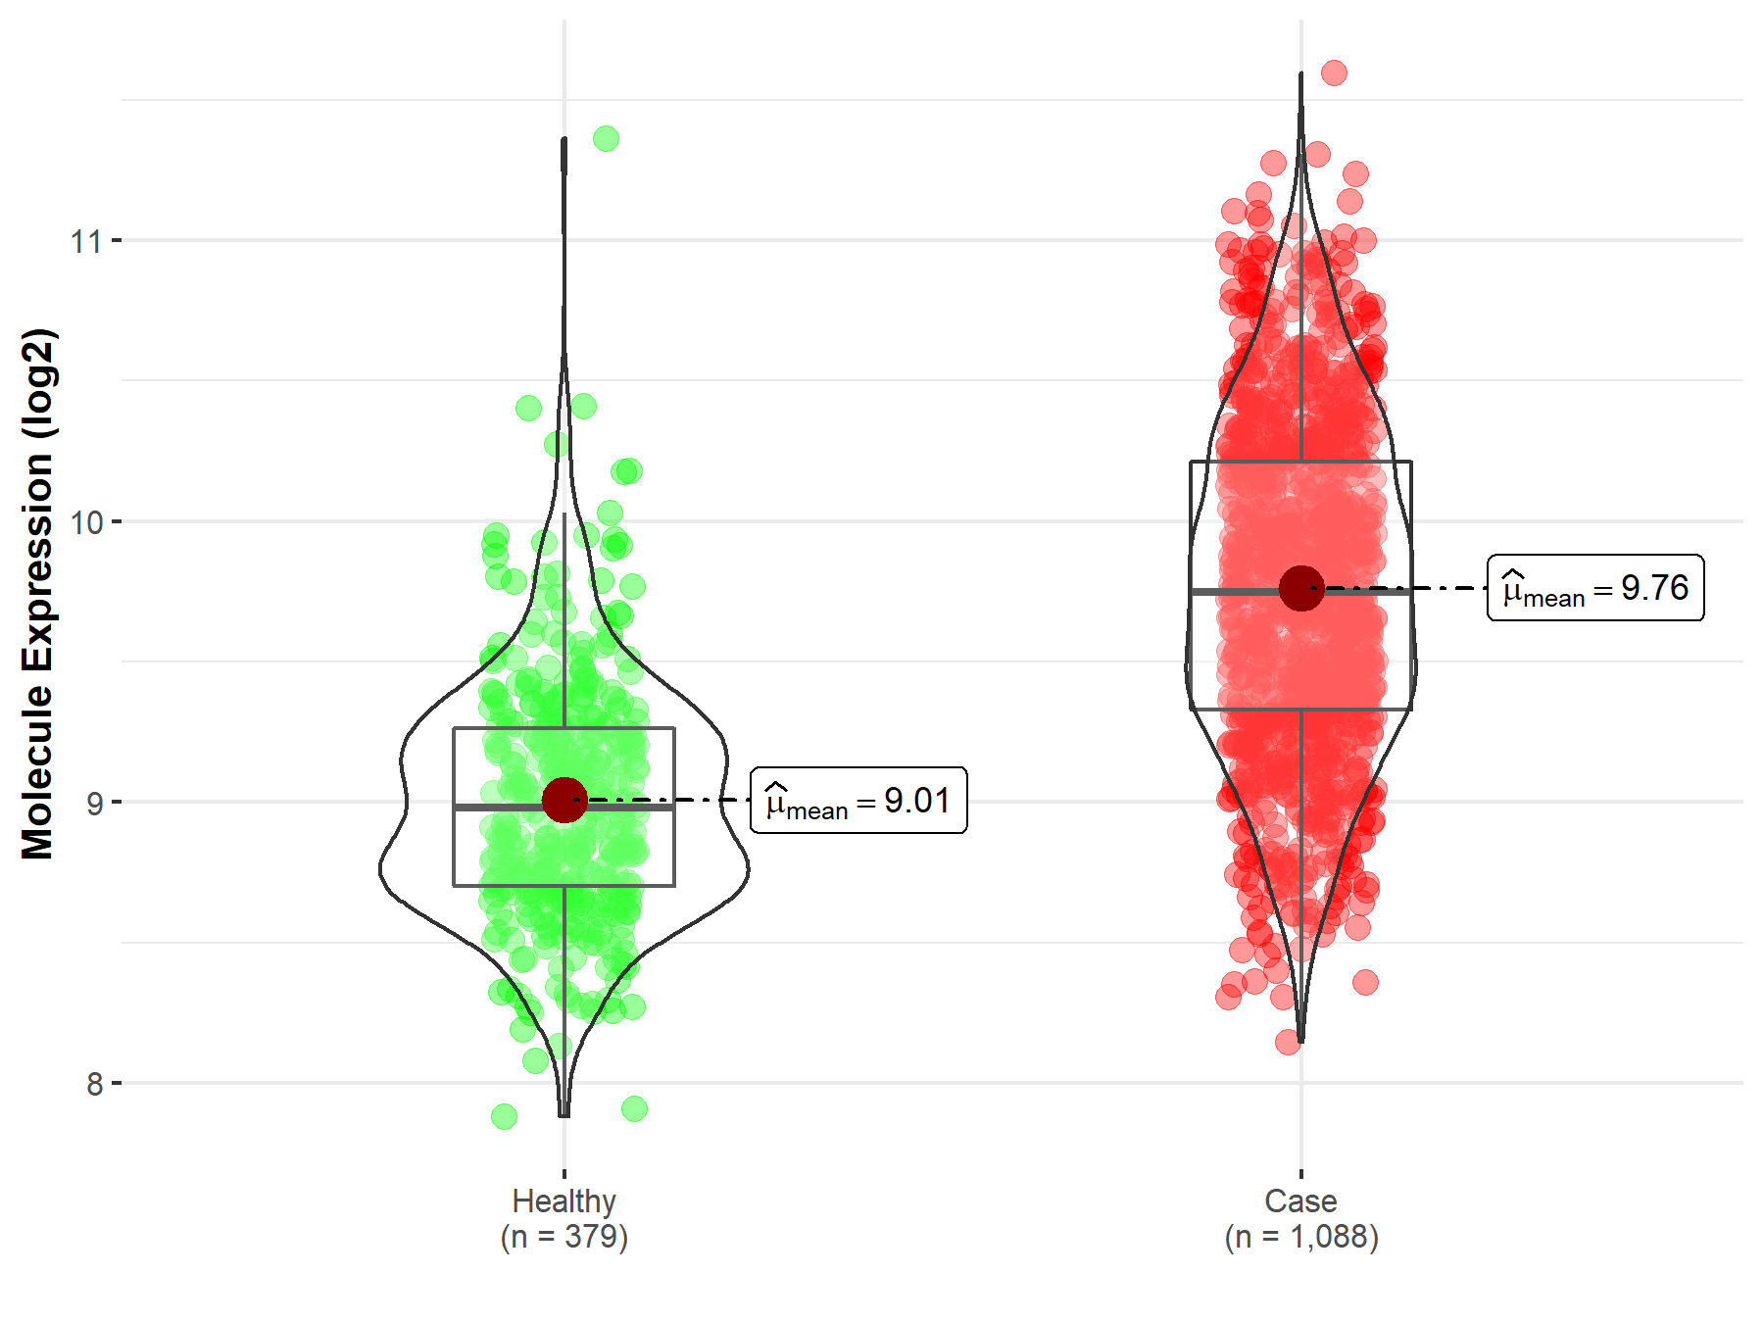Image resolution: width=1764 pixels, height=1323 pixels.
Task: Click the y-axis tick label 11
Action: tap(85, 240)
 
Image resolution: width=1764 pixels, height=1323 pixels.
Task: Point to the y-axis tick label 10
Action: tap(85, 521)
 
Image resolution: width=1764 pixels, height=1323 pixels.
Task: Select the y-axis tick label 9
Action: tap(94, 803)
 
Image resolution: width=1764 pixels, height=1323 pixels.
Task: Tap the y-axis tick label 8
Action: tap(94, 1084)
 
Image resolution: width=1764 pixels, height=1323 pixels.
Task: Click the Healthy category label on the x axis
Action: tap(563, 1200)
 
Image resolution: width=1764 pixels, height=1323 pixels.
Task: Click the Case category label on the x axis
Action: tap(1300, 1200)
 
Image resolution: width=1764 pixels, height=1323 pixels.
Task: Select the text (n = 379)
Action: tap(563, 1237)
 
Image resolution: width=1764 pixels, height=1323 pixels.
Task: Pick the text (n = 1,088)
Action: tap(1300, 1237)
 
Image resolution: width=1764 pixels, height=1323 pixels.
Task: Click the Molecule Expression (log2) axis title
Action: tap(37, 593)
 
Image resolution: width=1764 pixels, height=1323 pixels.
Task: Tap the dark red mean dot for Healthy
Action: tap(564, 800)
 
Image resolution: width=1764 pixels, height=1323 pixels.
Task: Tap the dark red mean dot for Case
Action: tap(1301, 588)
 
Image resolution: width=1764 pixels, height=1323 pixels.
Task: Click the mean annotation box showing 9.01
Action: tap(858, 801)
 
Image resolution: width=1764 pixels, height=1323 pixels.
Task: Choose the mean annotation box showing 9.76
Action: tap(1595, 588)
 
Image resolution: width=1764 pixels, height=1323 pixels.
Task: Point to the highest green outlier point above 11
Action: tap(606, 138)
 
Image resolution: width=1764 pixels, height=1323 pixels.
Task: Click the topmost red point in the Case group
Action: tap(1334, 73)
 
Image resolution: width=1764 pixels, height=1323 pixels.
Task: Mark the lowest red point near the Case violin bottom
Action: tap(1288, 1042)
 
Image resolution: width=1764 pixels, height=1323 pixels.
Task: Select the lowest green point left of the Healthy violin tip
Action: tap(504, 1116)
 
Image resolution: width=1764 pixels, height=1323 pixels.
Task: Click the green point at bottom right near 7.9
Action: tap(634, 1109)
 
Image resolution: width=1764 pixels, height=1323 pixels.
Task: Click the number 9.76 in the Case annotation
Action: tap(1654, 588)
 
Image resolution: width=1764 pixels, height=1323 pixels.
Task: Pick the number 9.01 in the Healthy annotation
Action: tap(917, 801)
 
